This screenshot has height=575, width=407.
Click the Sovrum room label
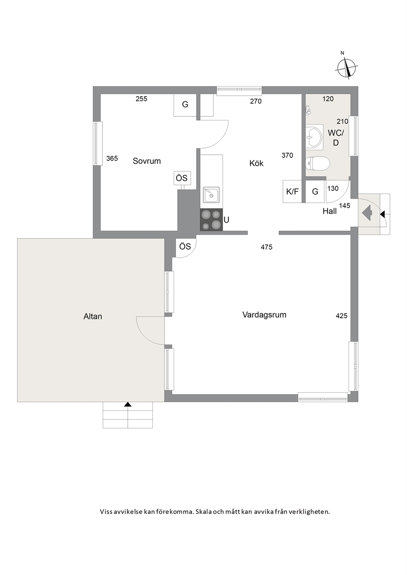coord(147,161)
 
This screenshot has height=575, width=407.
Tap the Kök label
coord(256,163)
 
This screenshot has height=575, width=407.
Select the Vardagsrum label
coord(264,315)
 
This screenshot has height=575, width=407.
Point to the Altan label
coord(93,316)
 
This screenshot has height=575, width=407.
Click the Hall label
coord(329,211)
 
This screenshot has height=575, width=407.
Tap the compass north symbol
coord(347,68)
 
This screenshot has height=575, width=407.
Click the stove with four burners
coord(211,220)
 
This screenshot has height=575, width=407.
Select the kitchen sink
coord(211,195)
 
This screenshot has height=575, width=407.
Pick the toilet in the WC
coord(318,164)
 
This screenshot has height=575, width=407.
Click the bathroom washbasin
coord(314,136)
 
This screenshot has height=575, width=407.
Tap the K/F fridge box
coord(292,191)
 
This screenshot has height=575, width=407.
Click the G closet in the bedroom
coord(185,105)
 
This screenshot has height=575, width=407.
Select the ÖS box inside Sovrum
coord(182,178)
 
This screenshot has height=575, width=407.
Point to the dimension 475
coord(266,247)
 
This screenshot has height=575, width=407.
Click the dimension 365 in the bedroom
coord(112,158)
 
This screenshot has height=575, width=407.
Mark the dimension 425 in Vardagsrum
coord(341,316)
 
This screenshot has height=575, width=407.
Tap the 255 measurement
coord(141,99)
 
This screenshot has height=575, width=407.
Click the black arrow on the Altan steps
coord(128,405)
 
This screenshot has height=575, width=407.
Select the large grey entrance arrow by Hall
coord(367,213)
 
